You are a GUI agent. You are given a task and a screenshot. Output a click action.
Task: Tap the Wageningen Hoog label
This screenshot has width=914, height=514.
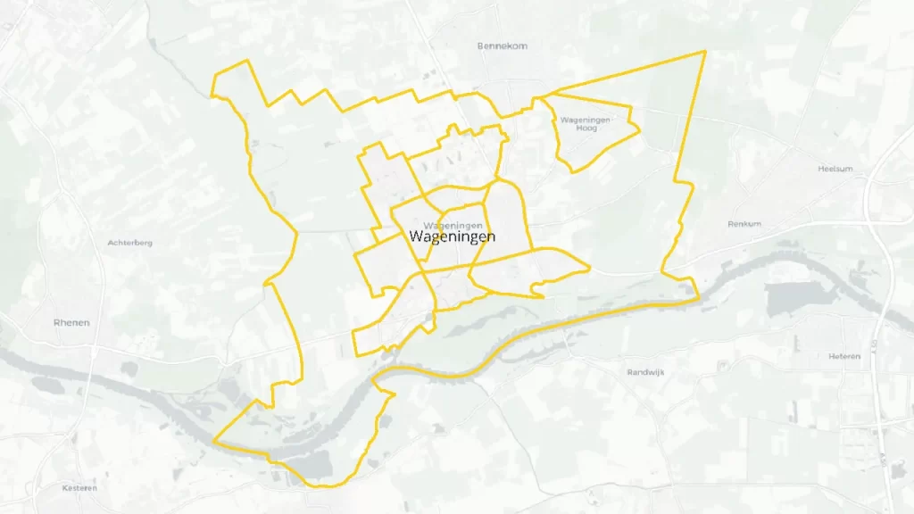[x=586, y=124]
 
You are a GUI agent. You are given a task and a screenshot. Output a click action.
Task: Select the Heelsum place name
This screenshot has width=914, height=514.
[x=836, y=169]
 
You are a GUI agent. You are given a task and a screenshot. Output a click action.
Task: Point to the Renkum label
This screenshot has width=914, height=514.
[x=744, y=224]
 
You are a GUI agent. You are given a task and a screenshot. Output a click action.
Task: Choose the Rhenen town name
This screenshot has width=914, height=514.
[x=71, y=323]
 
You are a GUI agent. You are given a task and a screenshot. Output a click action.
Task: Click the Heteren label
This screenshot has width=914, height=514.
[x=843, y=356]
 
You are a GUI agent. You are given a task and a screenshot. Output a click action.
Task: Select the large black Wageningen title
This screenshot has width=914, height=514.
[x=452, y=236]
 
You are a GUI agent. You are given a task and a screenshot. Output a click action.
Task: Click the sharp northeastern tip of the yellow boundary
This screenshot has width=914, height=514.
[x=705, y=51]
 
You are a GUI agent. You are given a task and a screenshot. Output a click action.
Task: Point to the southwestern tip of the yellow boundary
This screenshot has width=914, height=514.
[x=215, y=440]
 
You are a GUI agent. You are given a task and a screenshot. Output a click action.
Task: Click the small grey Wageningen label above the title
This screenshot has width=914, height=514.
[x=454, y=225]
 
